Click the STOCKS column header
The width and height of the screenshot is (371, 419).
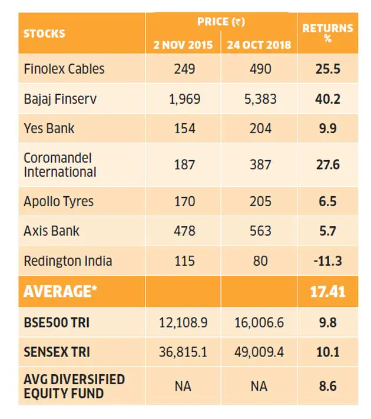44,34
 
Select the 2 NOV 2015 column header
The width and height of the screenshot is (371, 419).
183,45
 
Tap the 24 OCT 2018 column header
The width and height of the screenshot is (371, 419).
259,45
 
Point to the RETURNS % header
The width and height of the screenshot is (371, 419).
328,33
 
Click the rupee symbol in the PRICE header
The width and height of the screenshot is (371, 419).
238,22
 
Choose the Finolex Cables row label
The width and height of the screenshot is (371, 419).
64,69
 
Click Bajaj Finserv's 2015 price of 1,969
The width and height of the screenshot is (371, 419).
184,99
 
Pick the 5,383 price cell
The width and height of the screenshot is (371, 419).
260,99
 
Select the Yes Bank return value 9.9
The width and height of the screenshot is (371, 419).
328,128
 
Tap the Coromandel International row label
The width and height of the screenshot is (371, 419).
60,165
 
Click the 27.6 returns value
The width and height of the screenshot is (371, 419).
328,164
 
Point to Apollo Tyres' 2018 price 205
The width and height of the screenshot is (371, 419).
260,202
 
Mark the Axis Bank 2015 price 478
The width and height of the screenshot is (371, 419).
184,231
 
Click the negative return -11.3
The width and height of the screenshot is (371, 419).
328,261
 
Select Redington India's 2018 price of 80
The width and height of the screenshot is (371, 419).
260,261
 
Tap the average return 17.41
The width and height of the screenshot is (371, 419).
328,292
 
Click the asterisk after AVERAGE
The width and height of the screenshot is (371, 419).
94,288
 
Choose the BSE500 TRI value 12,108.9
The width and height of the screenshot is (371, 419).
183,322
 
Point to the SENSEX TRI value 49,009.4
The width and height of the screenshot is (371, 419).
259,352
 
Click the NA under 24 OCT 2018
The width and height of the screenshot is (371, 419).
259,387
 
